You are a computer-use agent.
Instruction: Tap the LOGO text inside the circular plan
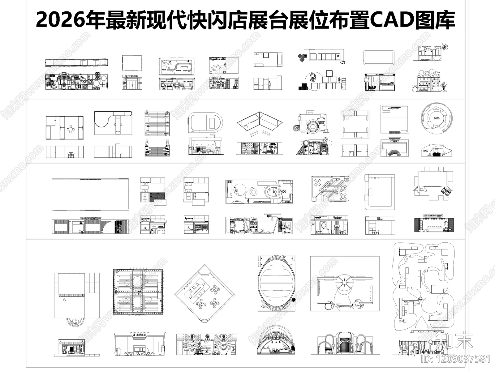tap(437, 118)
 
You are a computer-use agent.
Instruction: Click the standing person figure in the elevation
tap(270, 85)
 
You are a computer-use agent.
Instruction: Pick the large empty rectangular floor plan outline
tap(90, 194)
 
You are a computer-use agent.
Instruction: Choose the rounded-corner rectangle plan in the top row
tap(378, 58)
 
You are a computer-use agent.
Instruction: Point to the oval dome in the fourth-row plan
tap(276, 284)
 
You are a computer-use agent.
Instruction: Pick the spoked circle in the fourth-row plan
tap(344, 282)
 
